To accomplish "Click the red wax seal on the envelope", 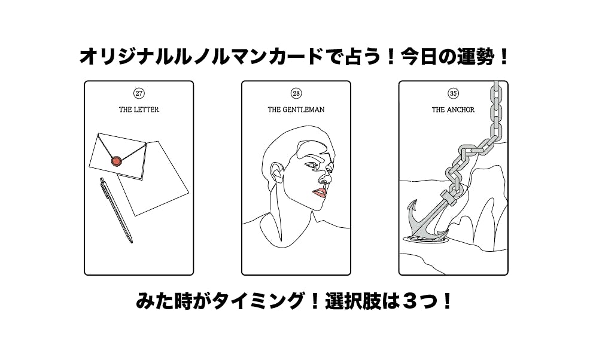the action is pos(117,161).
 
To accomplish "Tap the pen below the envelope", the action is pos(116,210).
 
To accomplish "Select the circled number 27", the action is pos(139,93).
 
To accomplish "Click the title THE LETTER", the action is pos(139,109).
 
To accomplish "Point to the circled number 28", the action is pos(296,93).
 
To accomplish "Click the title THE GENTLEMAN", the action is pos(296,109).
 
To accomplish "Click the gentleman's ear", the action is pos(277,172).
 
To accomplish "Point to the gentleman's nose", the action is pos(327,176).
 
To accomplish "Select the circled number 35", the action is pos(454,93).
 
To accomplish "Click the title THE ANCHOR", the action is pos(453,109).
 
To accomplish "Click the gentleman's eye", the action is pos(313,165).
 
